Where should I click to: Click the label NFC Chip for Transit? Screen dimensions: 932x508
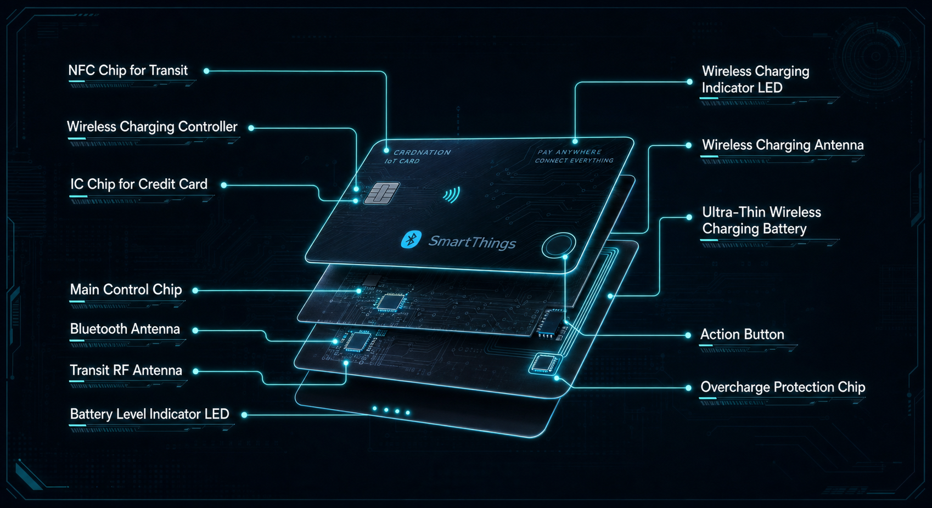(x=128, y=71)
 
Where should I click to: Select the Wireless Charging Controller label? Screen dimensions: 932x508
(x=152, y=127)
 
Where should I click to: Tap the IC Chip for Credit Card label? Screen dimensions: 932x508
(x=138, y=184)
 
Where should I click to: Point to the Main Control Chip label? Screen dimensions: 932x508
(x=126, y=290)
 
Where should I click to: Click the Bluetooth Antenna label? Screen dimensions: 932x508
(x=125, y=329)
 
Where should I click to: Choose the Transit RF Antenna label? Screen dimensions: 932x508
(x=126, y=370)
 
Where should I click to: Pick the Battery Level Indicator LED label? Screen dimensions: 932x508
(x=149, y=414)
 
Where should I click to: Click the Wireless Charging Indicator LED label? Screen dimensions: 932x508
(x=755, y=80)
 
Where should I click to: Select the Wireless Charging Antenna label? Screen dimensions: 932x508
(x=783, y=145)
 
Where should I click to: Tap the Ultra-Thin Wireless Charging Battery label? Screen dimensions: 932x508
(x=761, y=221)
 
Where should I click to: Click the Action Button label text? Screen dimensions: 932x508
(x=742, y=334)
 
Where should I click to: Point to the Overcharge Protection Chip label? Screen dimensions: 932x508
(x=783, y=387)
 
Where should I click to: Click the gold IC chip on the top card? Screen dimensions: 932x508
(x=382, y=193)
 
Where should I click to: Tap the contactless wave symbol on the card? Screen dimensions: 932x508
(x=452, y=195)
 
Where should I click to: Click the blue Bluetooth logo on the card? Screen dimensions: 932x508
(x=411, y=239)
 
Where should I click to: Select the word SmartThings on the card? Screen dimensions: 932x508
(x=472, y=242)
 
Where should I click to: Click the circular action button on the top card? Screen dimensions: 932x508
(x=559, y=246)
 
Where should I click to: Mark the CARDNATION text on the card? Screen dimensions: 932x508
(x=422, y=153)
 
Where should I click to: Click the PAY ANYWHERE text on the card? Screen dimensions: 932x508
(x=569, y=152)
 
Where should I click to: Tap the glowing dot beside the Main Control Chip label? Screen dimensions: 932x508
(x=195, y=291)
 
